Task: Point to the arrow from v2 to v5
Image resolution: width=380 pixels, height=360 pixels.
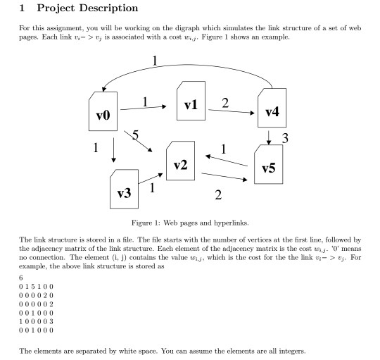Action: point(223,177)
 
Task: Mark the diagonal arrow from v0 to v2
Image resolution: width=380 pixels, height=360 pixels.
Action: point(141,141)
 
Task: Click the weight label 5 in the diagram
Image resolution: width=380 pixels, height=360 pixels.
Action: point(136,135)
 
